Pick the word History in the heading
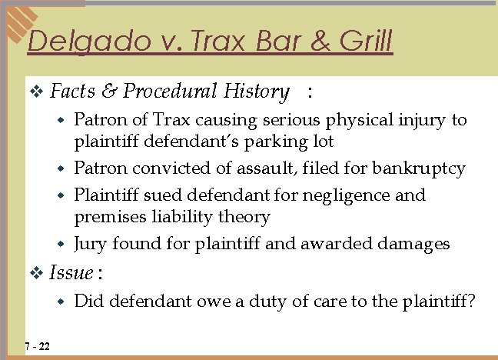pyautogui.click(x=256, y=92)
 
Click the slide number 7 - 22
pyautogui.click(x=37, y=346)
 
